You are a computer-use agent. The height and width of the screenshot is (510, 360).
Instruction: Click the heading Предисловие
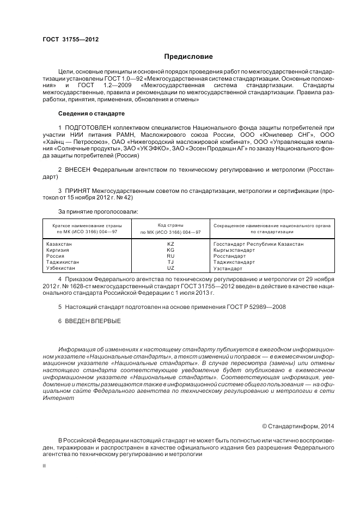(x=189, y=57)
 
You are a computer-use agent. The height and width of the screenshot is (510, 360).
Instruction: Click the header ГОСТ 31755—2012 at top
(x=66, y=40)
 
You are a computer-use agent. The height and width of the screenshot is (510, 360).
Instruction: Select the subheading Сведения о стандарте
(x=91, y=113)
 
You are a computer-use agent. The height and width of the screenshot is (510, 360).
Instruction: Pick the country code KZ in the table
(x=170, y=244)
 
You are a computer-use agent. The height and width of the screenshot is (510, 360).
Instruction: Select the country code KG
(x=170, y=250)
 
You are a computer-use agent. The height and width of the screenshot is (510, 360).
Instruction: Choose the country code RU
(x=170, y=256)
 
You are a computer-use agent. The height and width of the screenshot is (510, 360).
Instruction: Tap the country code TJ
(x=170, y=262)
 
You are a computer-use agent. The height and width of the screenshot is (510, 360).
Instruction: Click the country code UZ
(x=170, y=268)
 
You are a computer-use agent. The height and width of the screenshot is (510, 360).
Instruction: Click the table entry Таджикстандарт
(x=234, y=262)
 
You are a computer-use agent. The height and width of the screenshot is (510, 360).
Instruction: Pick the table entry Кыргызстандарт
(x=234, y=250)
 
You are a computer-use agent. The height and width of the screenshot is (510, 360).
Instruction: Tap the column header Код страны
(x=170, y=225)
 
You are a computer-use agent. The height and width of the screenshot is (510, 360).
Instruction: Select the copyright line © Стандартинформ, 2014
(x=298, y=426)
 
